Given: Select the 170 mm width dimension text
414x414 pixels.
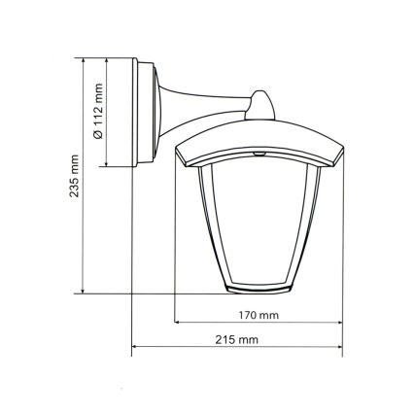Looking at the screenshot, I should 258,316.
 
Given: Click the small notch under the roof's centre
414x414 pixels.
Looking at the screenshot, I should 260,155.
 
